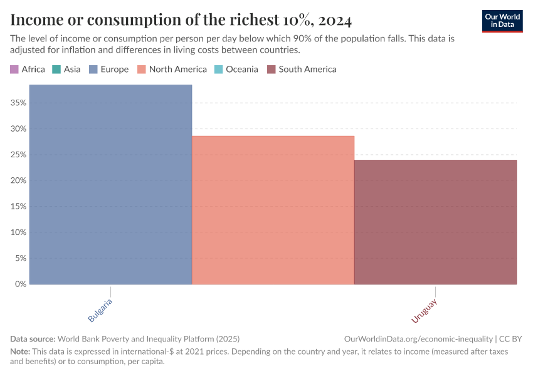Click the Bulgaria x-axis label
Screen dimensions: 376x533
coord(101,311)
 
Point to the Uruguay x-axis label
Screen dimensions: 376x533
coord(425,311)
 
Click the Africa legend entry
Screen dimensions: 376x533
coord(28,70)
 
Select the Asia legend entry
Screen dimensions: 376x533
coord(66,70)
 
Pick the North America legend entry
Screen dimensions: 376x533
coord(172,70)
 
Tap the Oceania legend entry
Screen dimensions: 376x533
coord(236,70)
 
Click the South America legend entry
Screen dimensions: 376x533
coord(302,70)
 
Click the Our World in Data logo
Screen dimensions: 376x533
coord(502,21)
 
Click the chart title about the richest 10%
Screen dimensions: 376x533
coord(181,20)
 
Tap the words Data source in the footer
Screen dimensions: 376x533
coord(33,338)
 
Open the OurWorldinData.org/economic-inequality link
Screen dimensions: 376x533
coord(418,338)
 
